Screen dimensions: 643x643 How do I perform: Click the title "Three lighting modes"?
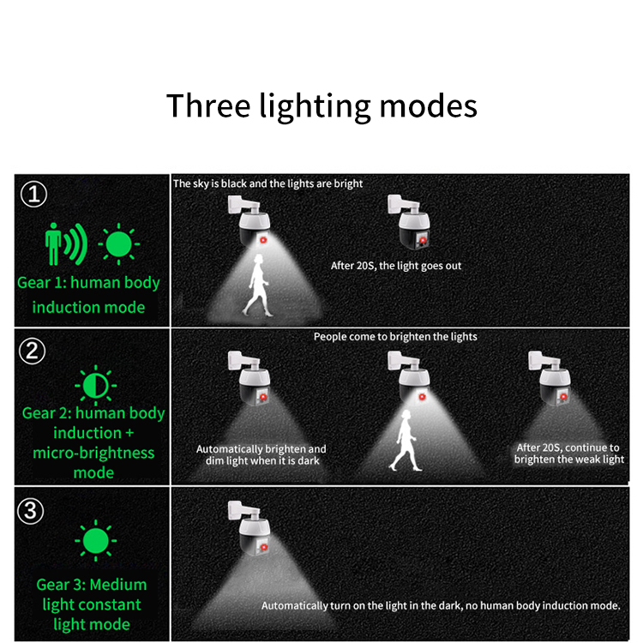point(321,105)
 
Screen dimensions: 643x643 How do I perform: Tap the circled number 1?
point(33,194)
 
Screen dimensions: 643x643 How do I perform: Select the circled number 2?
point(32,351)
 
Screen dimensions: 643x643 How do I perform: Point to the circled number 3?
point(30,511)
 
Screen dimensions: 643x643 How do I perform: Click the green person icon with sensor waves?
point(66,243)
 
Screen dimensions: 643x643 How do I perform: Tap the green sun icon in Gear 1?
point(118,244)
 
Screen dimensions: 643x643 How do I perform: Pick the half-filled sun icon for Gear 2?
point(95,386)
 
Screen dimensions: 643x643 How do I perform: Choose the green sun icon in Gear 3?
point(95,540)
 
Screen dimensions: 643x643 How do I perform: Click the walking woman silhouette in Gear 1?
point(257,285)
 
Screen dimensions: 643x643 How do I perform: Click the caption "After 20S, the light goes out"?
point(396,266)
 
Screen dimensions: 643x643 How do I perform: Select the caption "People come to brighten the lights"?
point(395,337)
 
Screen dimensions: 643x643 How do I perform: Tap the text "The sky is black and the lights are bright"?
point(267,183)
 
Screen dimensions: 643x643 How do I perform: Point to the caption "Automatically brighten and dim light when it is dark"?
point(261,454)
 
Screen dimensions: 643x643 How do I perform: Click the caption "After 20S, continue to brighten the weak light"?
point(569,454)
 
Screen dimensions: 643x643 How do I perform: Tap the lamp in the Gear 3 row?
point(250,528)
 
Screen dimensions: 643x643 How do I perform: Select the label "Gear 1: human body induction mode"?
point(88,295)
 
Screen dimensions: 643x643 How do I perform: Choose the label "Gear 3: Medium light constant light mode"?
point(92,604)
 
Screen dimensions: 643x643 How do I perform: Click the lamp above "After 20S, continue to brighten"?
point(550,378)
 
